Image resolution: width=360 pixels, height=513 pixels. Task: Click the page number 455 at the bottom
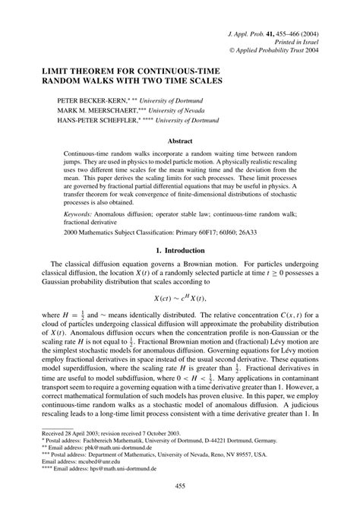pyautogui.click(x=180, y=486)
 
